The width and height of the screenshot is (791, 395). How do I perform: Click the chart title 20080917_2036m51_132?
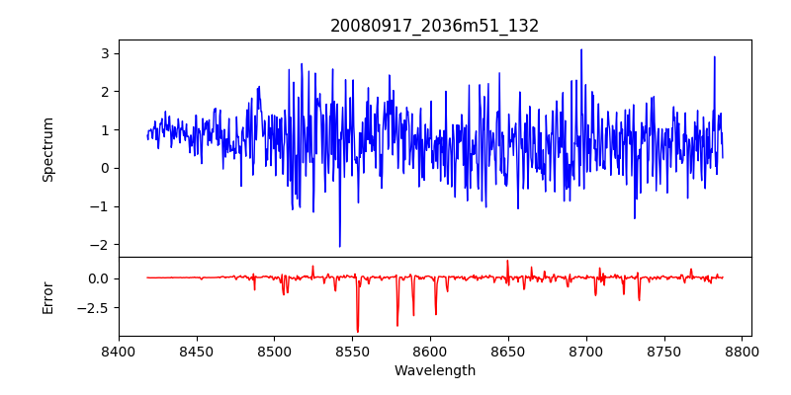click(435, 26)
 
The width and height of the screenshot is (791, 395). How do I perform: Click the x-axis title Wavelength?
click(435, 370)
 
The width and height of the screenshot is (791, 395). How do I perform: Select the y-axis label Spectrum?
click(47, 149)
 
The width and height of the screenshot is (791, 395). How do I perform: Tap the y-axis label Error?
click(47, 297)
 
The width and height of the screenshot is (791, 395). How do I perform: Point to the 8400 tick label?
click(119, 352)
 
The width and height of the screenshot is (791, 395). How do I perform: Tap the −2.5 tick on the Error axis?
click(95, 307)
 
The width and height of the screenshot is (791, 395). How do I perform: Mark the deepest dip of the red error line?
click(358, 332)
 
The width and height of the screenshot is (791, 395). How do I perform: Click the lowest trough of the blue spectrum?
click(339, 247)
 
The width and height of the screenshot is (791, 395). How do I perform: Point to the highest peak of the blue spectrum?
click(581, 49)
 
